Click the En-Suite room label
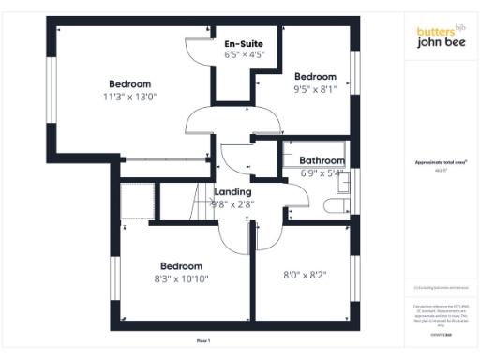point(243,44)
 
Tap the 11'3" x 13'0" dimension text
point(130,96)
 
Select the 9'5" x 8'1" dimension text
point(315,91)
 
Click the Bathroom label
point(322,161)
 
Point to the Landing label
point(232,191)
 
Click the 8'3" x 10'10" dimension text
point(181,278)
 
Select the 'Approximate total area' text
point(440,162)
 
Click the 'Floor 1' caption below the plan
point(203,340)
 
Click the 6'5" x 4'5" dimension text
point(244,55)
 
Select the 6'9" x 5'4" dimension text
point(322,172)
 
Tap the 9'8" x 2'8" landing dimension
point(232,203)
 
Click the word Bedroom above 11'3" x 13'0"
point(129,83)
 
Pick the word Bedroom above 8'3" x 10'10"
point(181,265)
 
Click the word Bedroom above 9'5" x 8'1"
point(315,77)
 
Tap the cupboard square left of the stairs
point(136,201)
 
